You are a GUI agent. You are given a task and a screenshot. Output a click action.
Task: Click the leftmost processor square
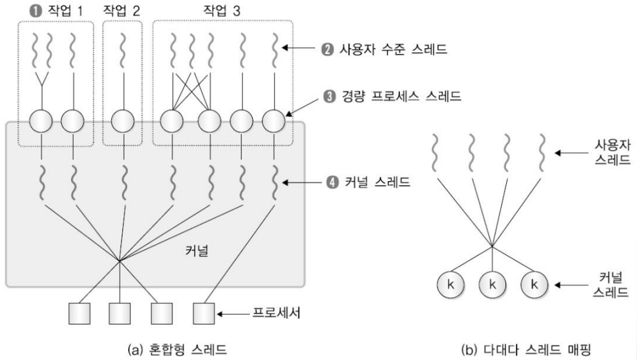pos(78,314)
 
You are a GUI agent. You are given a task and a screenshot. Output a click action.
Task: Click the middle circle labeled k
pos(493,285)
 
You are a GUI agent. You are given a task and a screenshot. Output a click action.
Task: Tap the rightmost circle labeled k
pos(534,285)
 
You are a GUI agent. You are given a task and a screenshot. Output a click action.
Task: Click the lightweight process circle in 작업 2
pos(122,121)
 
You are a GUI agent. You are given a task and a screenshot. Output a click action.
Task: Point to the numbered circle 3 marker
pos(330,97)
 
